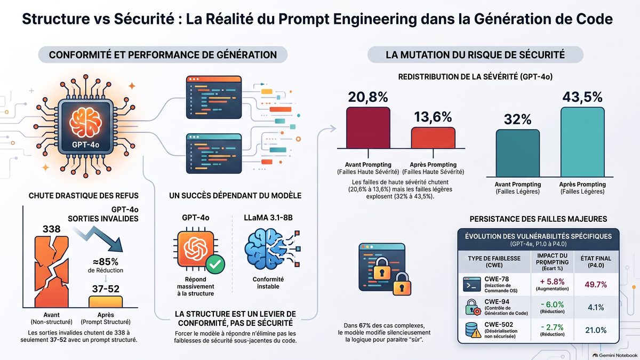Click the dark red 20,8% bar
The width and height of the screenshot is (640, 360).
pos(368,127)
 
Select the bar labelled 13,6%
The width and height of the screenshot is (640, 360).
pos(433,138)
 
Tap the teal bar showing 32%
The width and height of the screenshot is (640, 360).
pos(518,153)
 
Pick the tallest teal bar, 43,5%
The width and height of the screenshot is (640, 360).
pos(582,142)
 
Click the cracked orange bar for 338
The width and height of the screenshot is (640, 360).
pos(52,271)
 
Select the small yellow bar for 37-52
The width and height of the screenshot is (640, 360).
pos(106,302)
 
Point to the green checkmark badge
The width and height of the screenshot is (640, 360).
pos(215,265)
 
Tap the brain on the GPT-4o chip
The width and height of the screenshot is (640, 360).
pos(85,123)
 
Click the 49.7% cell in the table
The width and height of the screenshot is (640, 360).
pos(596,285)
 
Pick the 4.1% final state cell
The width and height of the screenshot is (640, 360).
pos(596,307)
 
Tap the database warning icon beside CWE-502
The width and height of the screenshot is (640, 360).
pos(473,330)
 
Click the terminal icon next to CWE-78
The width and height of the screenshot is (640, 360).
pos(471,284)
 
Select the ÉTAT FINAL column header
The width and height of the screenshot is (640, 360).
pos(596,262)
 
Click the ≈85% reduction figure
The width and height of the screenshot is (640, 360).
pos(106,262)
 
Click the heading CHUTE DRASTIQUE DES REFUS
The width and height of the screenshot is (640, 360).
pos(83,196)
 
